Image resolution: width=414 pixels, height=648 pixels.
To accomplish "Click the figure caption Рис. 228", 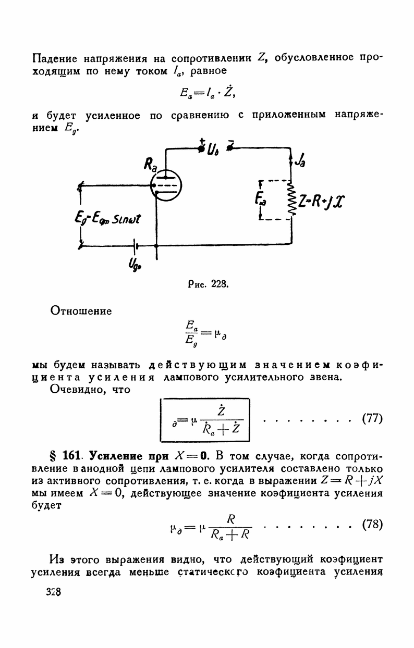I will tap(207, 284).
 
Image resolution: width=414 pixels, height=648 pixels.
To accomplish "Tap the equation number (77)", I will tap(372, 418).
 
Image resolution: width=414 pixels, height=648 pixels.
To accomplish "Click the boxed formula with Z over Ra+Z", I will tap(205, 420).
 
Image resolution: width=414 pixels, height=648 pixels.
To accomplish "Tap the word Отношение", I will tap(81, 311).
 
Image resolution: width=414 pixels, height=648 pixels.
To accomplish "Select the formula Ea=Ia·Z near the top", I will tap(208, 95).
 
